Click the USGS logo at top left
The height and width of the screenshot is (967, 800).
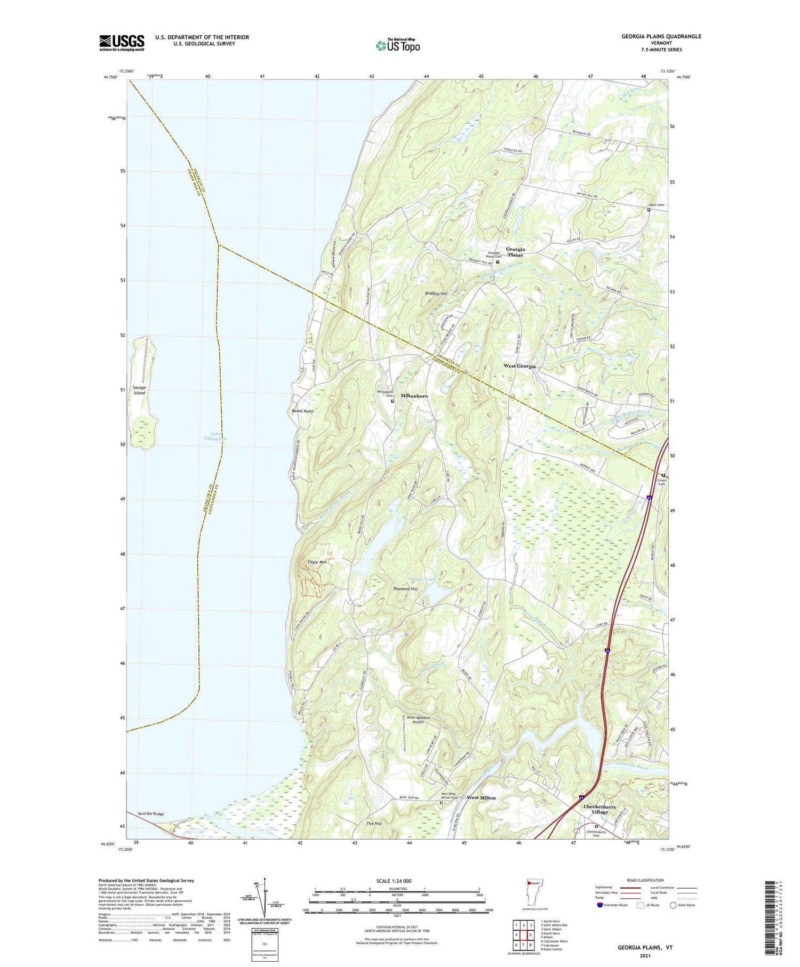coord(122,43)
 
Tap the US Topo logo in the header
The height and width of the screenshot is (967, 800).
coord(397,46)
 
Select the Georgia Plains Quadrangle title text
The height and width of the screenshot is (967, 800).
coord(661,36)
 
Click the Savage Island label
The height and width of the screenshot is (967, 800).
coord(139,390)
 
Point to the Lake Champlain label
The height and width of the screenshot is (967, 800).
coord(215,436)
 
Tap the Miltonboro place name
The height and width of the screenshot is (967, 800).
coord(414,396)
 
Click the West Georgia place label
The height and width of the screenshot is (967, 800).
coord(519,366)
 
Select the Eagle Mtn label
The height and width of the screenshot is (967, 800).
coord(317,562)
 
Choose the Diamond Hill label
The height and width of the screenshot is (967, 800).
coord(405,589)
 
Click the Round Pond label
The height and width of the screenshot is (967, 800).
coord(422,579)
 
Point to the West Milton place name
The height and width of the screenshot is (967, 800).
coord(481,798)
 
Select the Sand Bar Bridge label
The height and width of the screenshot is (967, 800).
coord(151,814)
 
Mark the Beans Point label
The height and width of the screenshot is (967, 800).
coord(302,411)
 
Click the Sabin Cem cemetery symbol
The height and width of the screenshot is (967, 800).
coord(649,210)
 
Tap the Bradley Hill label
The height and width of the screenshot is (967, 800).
coord(436,294)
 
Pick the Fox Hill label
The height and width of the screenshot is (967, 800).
coord(374,824)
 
